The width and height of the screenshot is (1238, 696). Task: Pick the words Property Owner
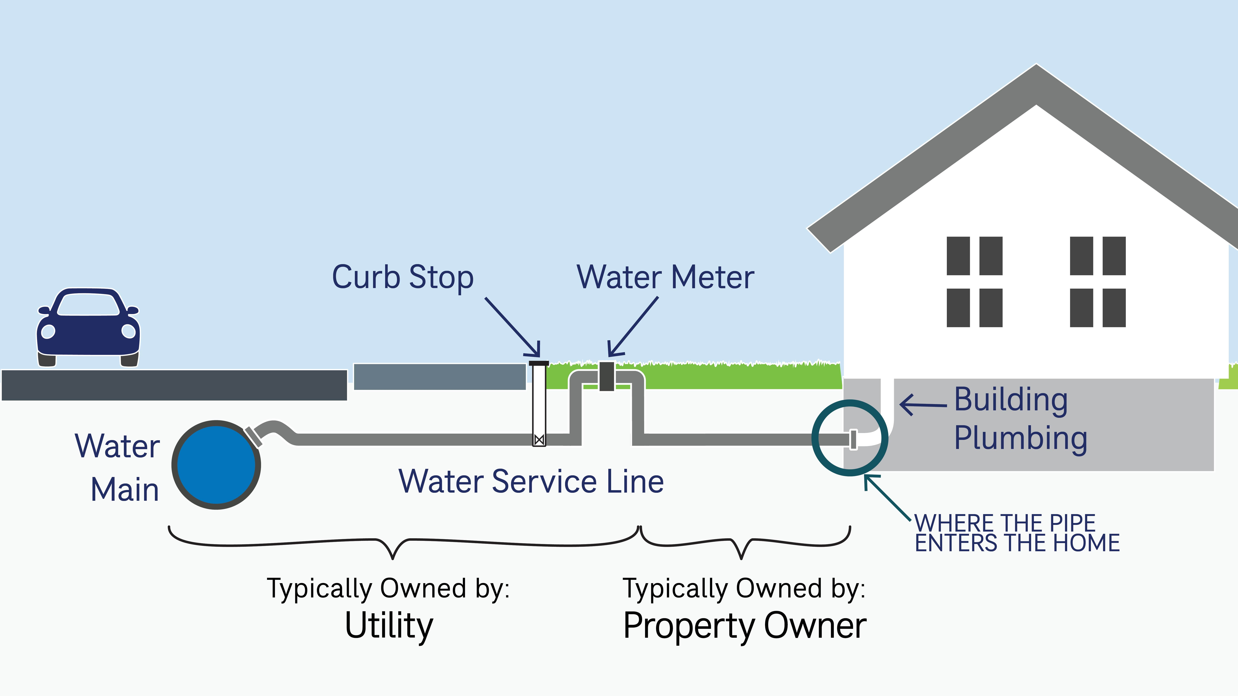[x=744, y=625]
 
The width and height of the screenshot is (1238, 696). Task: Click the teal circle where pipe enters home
[x=850, y=438]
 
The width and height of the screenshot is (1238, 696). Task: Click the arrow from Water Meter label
[x=633, y=327]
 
